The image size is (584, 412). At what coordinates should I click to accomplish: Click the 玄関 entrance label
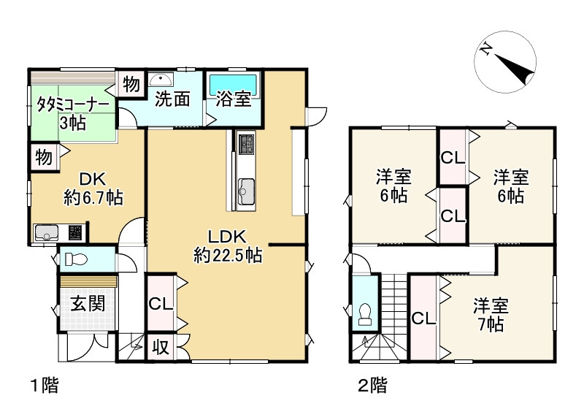point(87,303)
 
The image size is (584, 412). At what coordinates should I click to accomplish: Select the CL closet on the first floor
point(161,303)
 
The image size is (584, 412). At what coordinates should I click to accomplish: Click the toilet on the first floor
point(76,259)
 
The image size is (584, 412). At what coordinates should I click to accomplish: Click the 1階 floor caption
point(44,385)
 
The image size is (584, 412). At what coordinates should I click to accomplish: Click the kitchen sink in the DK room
point(47,233)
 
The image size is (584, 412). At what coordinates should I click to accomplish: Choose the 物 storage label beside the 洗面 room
point(131,84)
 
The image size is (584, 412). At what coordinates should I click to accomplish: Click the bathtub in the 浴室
point(233,81)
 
